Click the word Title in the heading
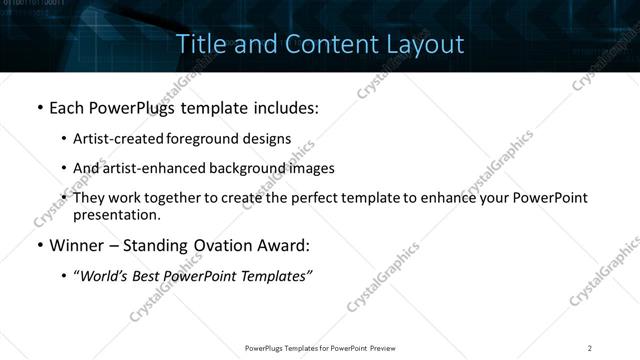pyautogui.click(x=198, y=44)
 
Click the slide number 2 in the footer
pyautogui.click(x=590, y=348)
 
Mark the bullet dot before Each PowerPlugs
pyautogui.click(x=39, y=106)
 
